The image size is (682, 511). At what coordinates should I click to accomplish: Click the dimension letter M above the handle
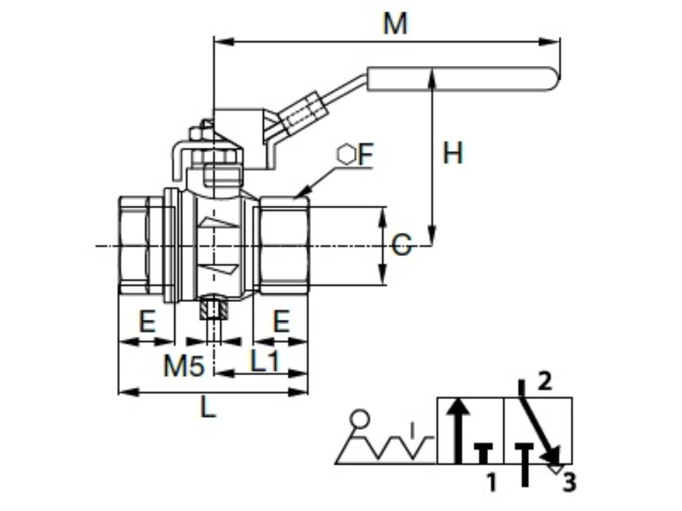(x=395, y=25)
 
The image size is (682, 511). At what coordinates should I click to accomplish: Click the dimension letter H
(x=453, y=154)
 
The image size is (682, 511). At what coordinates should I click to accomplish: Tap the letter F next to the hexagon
(x=366, y=155)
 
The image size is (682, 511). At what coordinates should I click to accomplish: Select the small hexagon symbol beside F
(x=346, y=155)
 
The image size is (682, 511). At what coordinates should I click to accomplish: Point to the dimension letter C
(x=401, y=246)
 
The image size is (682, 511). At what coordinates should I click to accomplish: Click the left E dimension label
(x=147, y=322)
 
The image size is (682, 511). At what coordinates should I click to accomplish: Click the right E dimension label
(x=282, y=322)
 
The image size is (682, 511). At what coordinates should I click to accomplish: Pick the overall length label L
(x=208, y=407)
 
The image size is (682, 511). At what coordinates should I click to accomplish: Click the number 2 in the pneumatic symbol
(x=544, y=382)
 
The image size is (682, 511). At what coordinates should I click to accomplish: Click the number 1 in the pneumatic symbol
(x=491, y=482)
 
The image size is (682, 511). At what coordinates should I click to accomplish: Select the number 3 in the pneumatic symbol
(x=568, y=482)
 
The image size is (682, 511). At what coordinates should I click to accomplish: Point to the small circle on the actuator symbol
(x=360, y=419)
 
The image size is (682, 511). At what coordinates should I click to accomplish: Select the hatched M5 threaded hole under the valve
(x=213, y=309)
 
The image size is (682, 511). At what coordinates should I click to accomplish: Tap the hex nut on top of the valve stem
(x=212, y=157)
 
